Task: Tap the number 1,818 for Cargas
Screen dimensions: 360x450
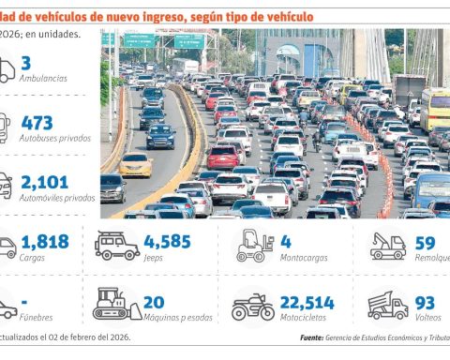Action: coord(44,242)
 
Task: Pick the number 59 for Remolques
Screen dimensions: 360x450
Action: coord(427,242)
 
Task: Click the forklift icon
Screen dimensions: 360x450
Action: coord(254,246)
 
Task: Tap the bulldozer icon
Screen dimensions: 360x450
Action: coord(117,305)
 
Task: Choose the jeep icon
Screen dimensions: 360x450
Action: coord(117,246)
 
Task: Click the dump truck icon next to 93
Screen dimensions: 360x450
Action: coord(387,305)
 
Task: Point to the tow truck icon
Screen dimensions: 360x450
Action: coord(387,246)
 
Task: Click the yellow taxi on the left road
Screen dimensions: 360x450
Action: coord(136,165)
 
